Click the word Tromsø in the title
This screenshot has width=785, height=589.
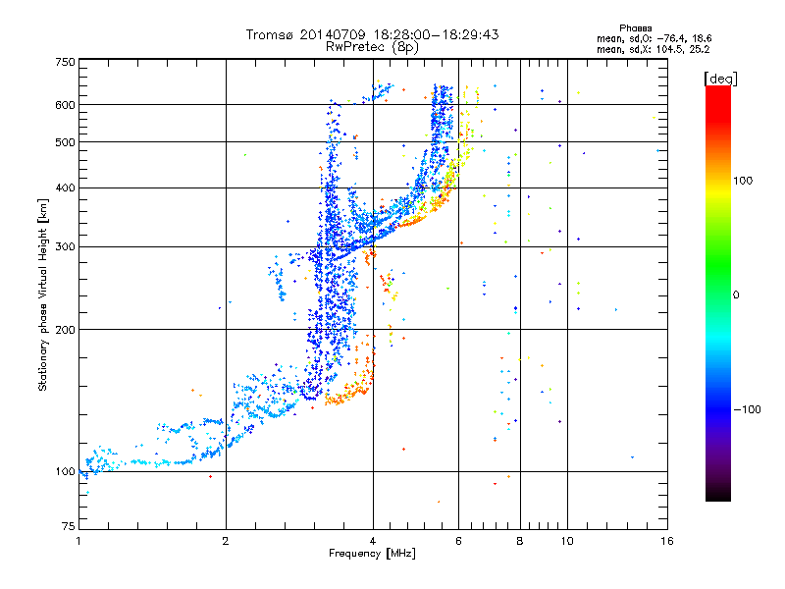coord(272,34)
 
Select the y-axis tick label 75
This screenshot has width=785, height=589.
coord(68,526)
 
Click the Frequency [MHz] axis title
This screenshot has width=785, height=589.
coord(372,555)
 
